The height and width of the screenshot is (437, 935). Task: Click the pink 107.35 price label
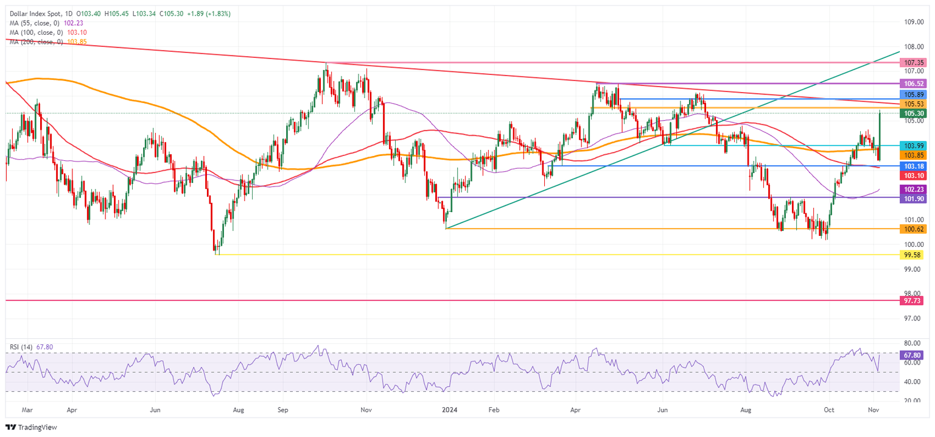[915, 63]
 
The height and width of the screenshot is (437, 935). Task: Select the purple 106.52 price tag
[915, 83]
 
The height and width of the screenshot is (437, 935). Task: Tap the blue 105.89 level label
[915, 95]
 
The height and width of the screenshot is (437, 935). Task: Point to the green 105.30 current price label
[915, 113]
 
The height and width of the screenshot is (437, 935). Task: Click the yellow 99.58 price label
[915, 255]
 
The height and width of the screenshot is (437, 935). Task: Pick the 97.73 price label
[915, 300]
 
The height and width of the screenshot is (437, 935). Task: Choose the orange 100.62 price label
[915, 229]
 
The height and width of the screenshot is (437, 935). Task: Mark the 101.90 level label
[915, 198]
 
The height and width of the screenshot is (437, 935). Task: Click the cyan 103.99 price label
[915, 146]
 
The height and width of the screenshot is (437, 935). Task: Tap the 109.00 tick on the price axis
[915, 22]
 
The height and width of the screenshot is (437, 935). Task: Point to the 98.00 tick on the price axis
[915, 293]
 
